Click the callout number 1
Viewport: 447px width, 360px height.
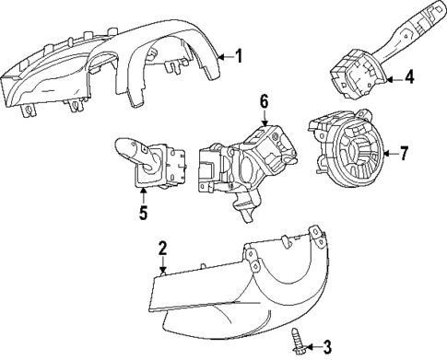pos(238,56)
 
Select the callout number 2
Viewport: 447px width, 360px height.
pos(161,249)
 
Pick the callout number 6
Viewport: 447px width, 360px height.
pos(264,101)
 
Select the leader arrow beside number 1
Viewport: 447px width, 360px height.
pos(224,56)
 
